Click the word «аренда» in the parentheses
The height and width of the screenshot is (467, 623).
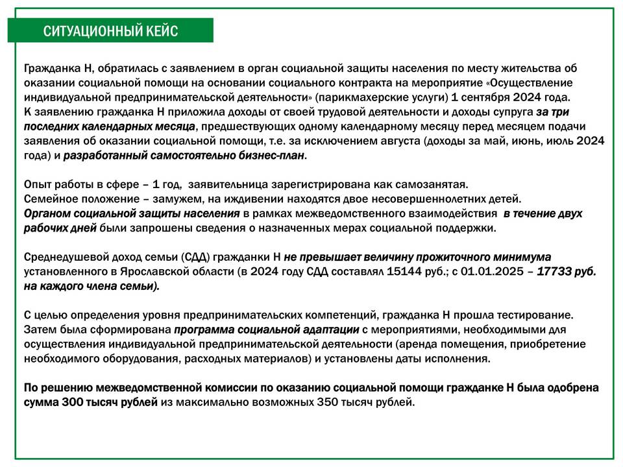pos(418,344)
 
